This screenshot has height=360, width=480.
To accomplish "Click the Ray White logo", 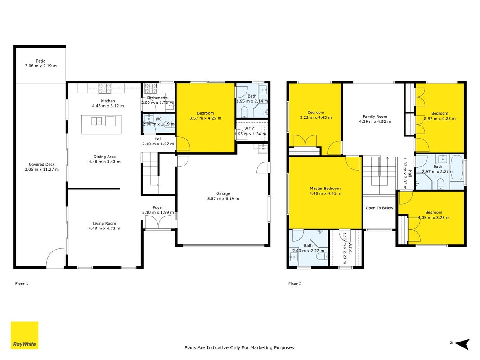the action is click(24, 335).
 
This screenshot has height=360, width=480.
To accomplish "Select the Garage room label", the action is click(223, 194).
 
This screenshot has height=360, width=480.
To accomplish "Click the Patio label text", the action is click(41, 61).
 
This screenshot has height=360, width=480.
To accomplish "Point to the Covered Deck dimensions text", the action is click(42, 169).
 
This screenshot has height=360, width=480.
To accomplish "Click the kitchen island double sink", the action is click(96, 121).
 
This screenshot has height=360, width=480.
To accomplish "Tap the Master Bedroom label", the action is click(325, 189).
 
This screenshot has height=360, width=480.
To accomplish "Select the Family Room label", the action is click(375, 117).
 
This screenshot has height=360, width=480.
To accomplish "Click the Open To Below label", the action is click(379, 208).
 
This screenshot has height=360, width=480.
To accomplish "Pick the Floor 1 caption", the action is click(22, 283).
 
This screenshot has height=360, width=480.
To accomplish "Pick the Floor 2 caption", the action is click(295, 284).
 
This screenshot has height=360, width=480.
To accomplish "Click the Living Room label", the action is click(104, 224).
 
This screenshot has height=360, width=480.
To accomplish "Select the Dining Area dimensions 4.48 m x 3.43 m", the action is click(104, 162).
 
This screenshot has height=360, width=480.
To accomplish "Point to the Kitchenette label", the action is click(157, 98).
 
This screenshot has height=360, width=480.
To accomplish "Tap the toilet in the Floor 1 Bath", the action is click(244, 112).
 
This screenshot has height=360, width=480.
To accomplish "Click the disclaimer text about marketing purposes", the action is click(240, 347).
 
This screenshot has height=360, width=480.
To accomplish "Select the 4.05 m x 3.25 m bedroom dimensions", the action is click(434, 218).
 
